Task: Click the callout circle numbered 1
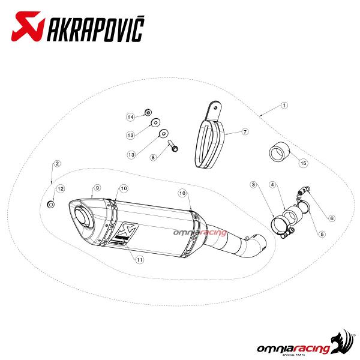tap(284, 106)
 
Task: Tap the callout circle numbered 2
tap(57, 163)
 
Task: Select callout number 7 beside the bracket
tap(245, 132)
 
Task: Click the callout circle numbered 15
tap(303, 163)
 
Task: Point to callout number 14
tap(130, 117)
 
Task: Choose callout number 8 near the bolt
tap(153, 157)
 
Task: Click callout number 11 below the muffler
tap(139, 260)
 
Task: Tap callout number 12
tap(61, 189)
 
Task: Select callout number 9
tap(97, 188)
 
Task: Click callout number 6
tap(332, 218)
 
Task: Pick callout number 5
tap(322, 234)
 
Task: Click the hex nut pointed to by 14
tap(148, 113)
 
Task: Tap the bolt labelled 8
tap(173, 146)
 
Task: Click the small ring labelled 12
tap(51, 204)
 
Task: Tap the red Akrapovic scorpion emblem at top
tap(28, 26)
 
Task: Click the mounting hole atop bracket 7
tap(215, 107)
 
